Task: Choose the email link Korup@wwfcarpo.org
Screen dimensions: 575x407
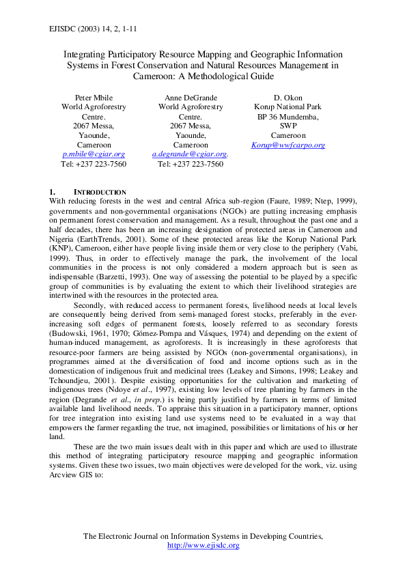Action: [x=287, y=145]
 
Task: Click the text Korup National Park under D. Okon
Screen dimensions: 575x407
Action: [x=287, y=107]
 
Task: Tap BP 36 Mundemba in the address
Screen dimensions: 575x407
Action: [x=287, y=116]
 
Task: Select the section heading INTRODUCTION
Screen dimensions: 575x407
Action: [x=100, y=192]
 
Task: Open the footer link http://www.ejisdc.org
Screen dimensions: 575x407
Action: [x=203, y=545]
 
